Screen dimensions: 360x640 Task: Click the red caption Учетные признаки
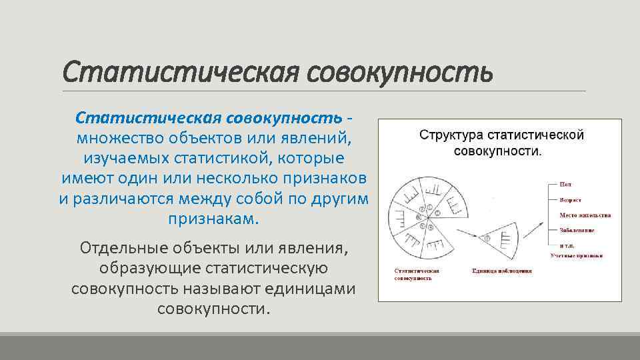[577, 255]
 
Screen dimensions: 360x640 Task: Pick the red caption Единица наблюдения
[501, 271]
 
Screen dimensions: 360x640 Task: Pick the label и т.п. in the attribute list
[559, 245]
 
